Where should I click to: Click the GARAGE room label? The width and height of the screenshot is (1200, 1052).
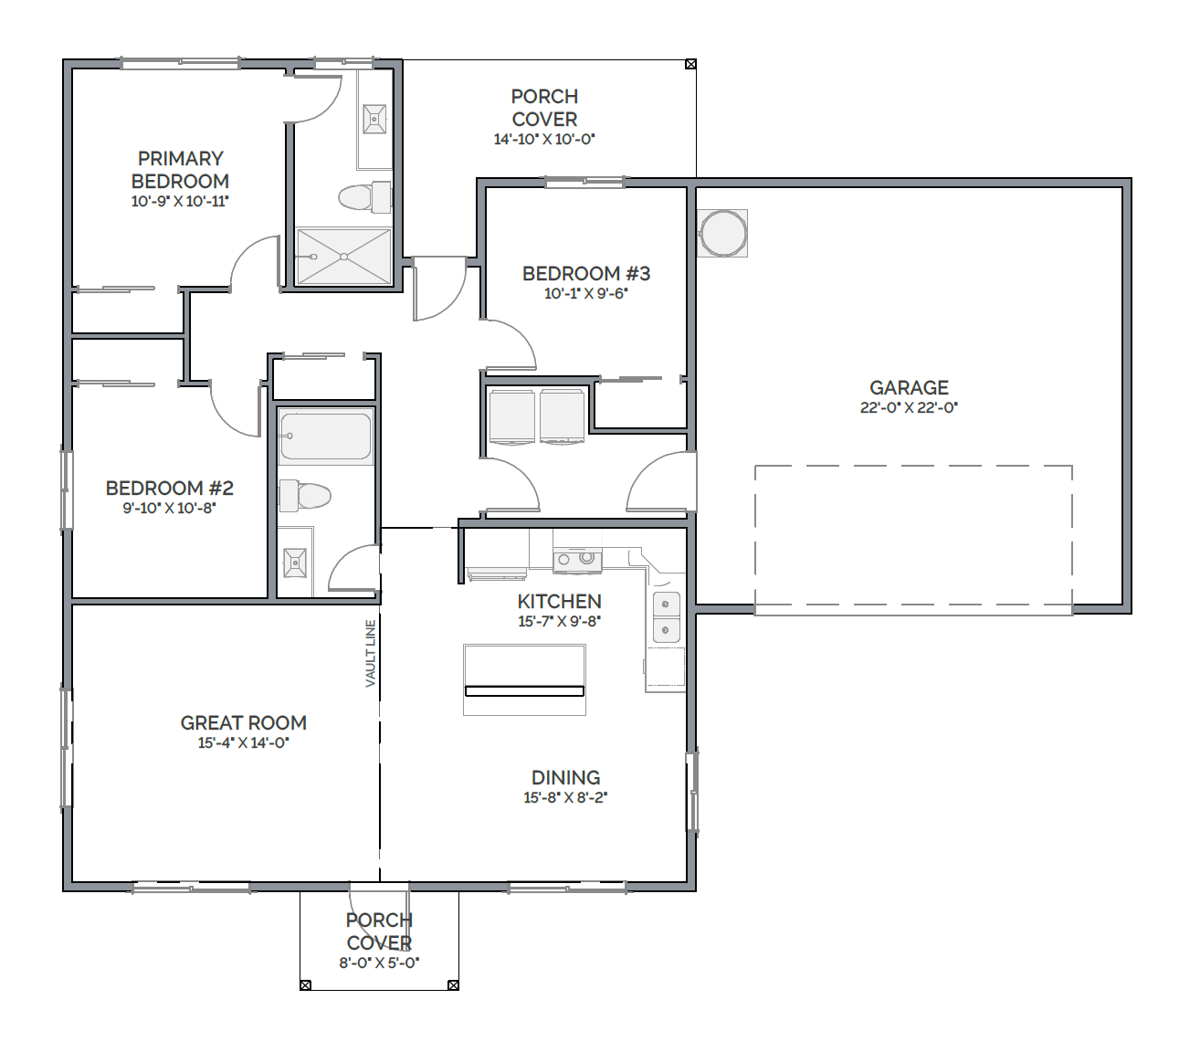(909, 387)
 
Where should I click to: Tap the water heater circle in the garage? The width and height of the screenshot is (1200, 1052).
(722, 233)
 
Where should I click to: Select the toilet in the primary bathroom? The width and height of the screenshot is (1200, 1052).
(364, 196)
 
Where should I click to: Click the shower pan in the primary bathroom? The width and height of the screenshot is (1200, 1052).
(343, 256)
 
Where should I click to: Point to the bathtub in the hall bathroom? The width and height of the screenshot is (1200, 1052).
(325, 436)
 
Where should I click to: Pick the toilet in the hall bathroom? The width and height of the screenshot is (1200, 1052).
(304, 495)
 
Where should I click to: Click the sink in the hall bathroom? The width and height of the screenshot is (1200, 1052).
(294, 563)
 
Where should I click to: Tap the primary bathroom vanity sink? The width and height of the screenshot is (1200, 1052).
(374, 119)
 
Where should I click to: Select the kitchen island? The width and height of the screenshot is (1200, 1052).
(524, 679)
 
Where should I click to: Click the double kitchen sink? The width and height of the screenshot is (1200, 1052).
(667, 616)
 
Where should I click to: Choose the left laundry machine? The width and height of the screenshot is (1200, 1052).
(511, 416)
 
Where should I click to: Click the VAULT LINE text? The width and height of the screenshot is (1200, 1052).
(371, 653)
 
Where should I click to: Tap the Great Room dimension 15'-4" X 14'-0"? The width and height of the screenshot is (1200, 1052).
(244, 742)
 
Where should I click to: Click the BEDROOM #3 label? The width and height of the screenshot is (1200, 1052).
(585, 273)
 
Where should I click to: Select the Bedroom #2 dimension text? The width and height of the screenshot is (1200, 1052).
(169, 508)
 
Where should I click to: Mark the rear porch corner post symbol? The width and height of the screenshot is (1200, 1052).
(690, 64)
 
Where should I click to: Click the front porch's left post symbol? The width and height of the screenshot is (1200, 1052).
(305, 985)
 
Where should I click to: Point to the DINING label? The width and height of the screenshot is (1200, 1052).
(565, 777)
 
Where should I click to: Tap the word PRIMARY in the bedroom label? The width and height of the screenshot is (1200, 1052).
(181, 158)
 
